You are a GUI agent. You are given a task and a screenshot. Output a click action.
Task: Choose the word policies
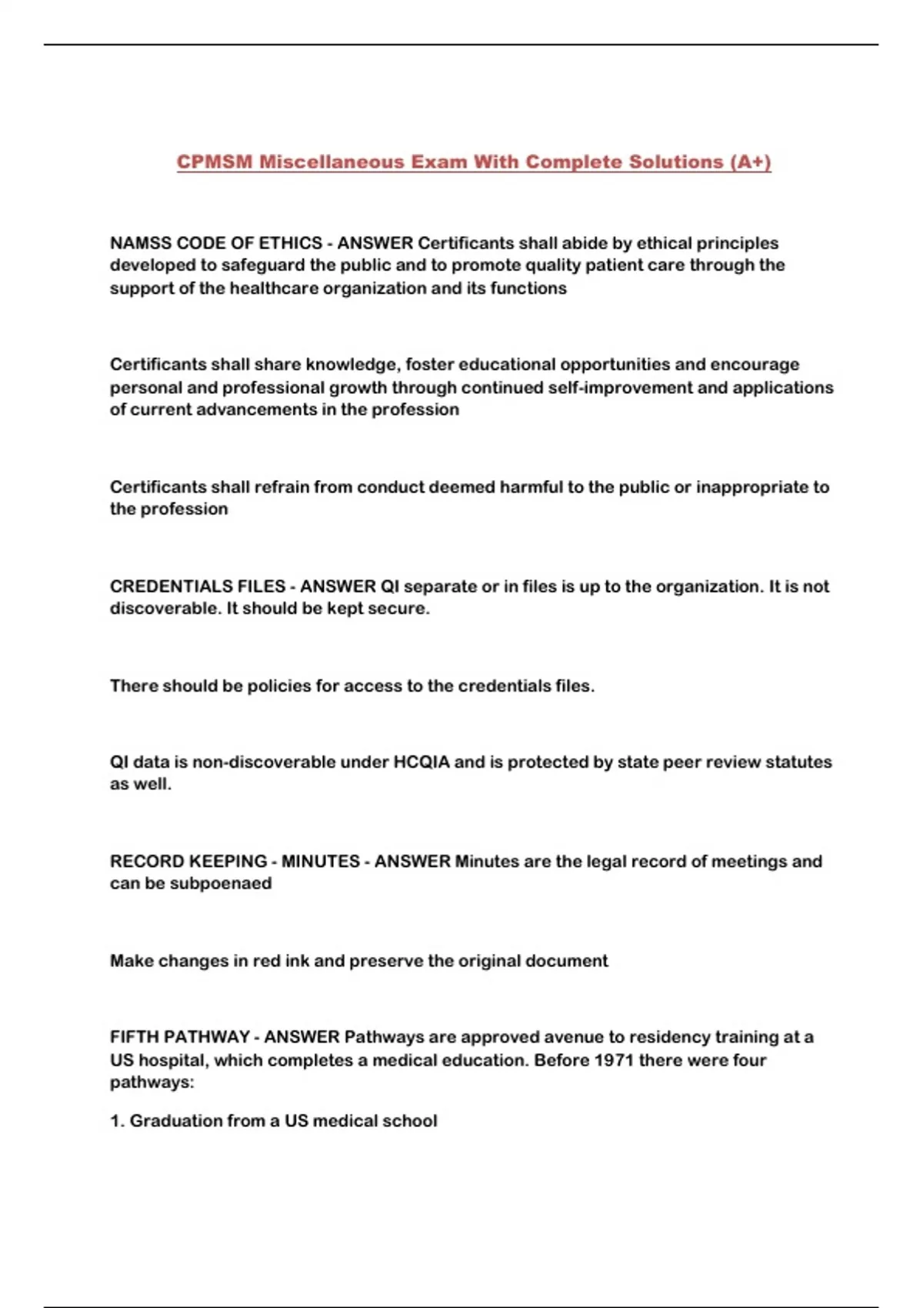(x=278, y=686)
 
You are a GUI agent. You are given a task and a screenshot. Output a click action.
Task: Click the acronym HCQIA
(x=421, y=762)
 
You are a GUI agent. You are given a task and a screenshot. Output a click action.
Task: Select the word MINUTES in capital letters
(x=320, y=862)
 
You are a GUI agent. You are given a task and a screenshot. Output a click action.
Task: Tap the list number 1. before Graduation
(x=117, y=1121)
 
